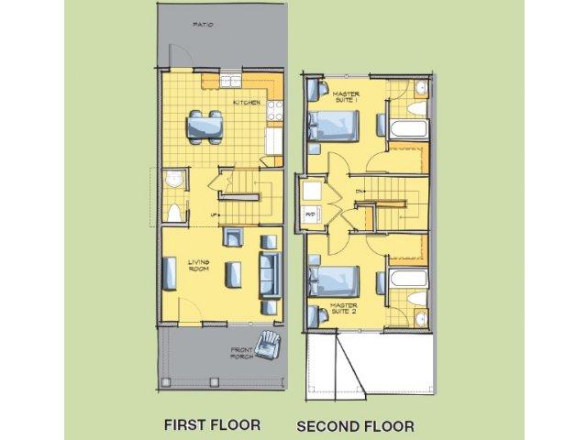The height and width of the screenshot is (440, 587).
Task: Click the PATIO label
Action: pyautogui.click(x=203, y=26)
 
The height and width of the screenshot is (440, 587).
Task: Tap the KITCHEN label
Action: pyautogui.click(x=245, y=103)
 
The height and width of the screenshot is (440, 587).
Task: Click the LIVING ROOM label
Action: pyautogui.click(x=200, y=265)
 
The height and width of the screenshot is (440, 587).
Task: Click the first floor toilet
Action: pyautogui.click(x=172, y=213)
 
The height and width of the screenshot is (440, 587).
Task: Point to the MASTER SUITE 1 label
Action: pyautogui.click(x=346, y=96)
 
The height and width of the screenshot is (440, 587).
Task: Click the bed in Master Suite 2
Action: pyautogui.click(x=337, y=276)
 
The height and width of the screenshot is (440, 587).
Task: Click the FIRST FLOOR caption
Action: pyautogui.click(x=212, y=424)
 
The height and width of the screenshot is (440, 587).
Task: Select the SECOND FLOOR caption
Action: pyautogui.click(x=355, y=425)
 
